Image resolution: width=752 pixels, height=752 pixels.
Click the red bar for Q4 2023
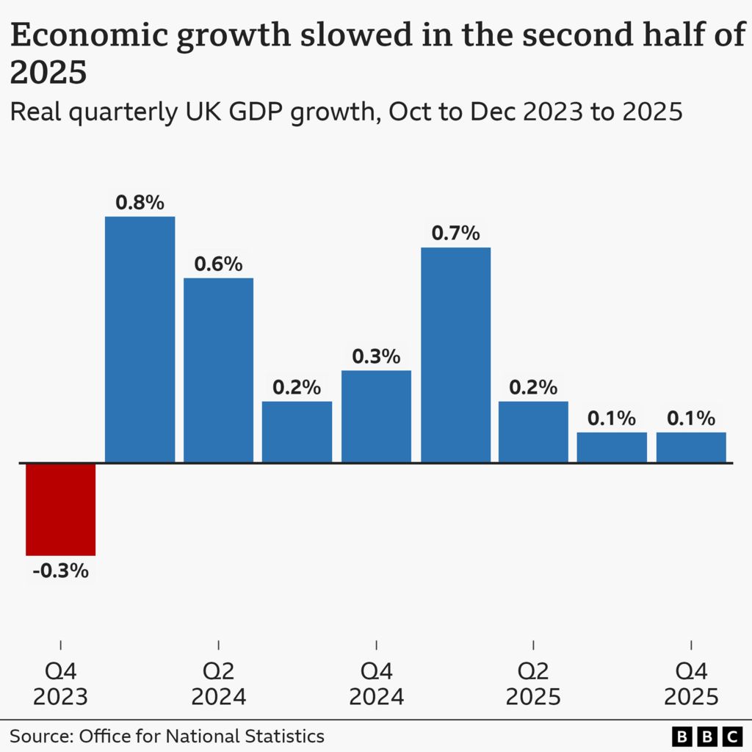[x=60, y=510]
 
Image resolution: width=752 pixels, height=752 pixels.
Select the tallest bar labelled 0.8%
[x=140, y=339]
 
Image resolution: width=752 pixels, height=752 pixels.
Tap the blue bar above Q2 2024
[x=219, y=370]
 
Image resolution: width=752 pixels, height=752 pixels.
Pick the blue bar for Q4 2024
[x=376, y=417]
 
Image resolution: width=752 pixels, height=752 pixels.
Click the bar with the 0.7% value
[x=455, y=355]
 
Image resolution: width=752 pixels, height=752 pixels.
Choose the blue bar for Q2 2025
[x=533, y=432]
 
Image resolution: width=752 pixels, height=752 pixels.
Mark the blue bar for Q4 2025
[x=691, y=447]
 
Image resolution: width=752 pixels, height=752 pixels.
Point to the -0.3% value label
[x=60, y=571]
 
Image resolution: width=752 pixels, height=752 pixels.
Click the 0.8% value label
[x=140, y=203]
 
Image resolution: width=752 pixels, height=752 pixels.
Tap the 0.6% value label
[x=219, y=264]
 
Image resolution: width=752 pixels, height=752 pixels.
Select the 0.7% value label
[x=455, y=233]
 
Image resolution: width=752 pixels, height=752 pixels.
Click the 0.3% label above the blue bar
[x=376, y=356]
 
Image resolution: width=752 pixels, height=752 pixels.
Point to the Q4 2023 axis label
[x=60, y=684]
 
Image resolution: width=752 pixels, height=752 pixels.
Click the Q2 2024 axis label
[x=219, y=684]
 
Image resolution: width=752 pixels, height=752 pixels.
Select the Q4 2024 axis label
[x=377, y=684]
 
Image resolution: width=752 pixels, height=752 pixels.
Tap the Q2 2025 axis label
[x=533, y=684]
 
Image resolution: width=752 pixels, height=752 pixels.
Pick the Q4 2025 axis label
[x=691, y=684]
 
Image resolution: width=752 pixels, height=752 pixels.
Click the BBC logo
[x=707, y=736]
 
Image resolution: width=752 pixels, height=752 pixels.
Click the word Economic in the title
[x=90, y=35]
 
